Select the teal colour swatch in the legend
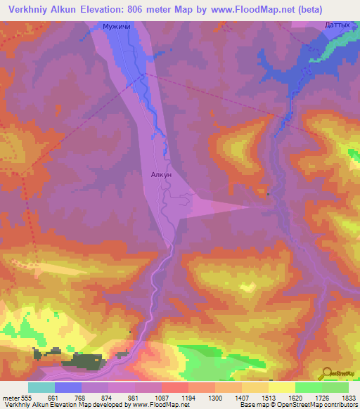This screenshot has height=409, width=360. point(41,387)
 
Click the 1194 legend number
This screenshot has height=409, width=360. point(177,398)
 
